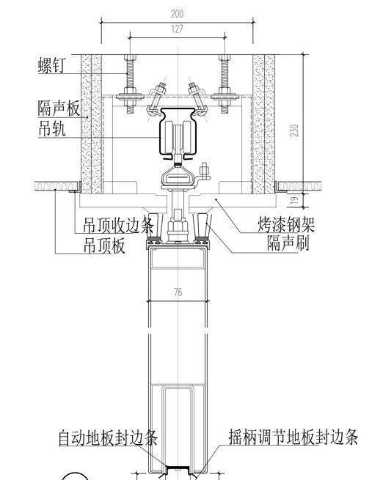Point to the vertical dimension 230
click(293, 130)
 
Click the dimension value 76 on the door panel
click(178, 292)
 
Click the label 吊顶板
click(100, 245)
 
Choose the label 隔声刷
click(288, 243)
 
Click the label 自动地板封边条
click(108, 440)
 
